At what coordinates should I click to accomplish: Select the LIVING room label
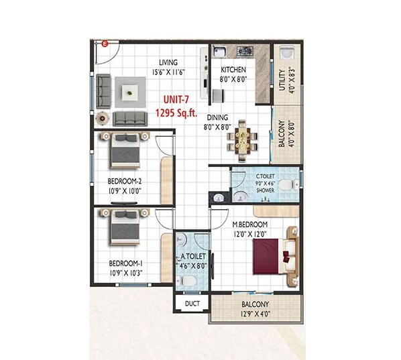click(159, 63)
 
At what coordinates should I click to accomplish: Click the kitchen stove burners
click(241, 51)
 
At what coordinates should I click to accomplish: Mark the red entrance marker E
click(105, 44)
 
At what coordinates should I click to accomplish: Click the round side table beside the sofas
click(101, 117)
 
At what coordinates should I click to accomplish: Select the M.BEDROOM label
click(249, 224)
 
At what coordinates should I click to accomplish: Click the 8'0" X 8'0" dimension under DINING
click(217, 126)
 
